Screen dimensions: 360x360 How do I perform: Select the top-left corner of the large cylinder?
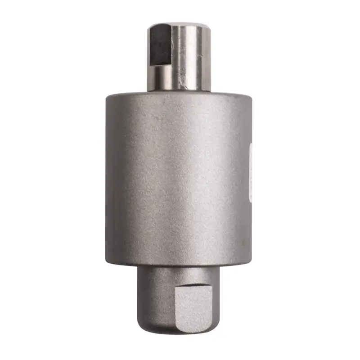pos(108,96)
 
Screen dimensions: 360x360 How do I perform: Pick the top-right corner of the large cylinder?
pos(250,96)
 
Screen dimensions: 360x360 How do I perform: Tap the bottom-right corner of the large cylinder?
pos(249,263)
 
